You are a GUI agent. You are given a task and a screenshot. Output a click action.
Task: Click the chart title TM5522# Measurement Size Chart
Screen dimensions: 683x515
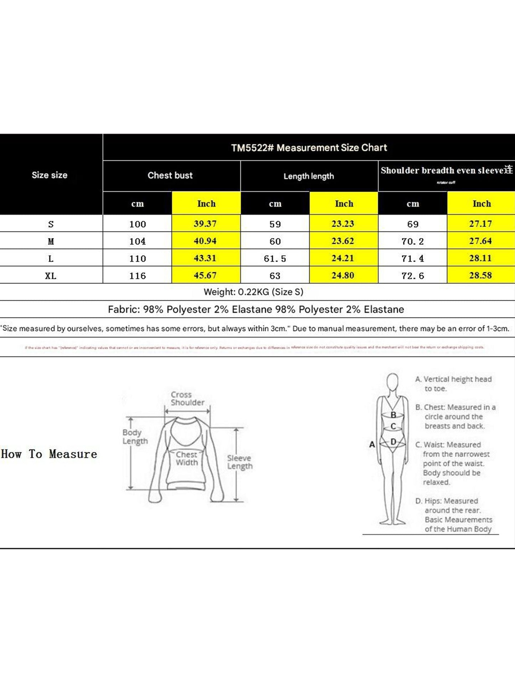[x=309, y=148]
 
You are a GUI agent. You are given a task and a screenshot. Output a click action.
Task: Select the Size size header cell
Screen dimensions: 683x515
[x=50, y=175]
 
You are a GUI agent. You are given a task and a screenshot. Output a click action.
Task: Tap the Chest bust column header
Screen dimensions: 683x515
[x=170, y=175]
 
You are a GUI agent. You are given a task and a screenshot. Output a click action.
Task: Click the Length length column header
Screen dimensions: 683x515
[x=309, y=176]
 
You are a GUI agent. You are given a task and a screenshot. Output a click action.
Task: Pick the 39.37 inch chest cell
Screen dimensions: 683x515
[x=205, y=224]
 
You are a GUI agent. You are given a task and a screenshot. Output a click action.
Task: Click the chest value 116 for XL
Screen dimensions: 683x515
[x=138, y=276]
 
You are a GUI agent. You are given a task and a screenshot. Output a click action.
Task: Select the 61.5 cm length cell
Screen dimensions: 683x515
[x=275, y=259]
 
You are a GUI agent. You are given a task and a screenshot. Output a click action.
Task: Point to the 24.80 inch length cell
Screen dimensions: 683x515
[x=343, y=275]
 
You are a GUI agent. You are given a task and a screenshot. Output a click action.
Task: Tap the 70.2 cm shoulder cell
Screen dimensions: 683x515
[x=413, y=242]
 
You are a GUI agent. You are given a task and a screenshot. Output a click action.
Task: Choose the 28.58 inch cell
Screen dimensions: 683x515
[x=480, y=275]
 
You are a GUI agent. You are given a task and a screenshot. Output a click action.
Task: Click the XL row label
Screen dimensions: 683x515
[x=51, y=276]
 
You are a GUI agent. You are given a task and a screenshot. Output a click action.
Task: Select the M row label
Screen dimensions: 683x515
[x=51, y=242]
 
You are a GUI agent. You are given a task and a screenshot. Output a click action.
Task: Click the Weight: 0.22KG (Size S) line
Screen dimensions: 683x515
[x=253, y=292]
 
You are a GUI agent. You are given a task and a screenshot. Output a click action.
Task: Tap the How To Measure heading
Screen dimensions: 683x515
[x=49, y=454]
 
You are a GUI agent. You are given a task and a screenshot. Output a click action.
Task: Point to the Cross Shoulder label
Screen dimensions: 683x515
[x=187, y=399]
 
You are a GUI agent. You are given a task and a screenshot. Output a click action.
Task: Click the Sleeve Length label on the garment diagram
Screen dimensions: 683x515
[x=240, y=462]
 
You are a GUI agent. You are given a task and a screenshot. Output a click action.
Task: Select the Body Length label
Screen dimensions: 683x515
[x=135, y=436]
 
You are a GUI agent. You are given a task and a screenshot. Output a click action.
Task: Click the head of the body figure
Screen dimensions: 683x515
[x=392, y=382]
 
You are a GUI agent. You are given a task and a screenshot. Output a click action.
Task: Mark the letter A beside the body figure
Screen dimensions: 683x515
[x=372, y=444]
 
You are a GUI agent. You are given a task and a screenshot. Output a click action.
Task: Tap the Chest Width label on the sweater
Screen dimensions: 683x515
[x=186, y=459]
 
